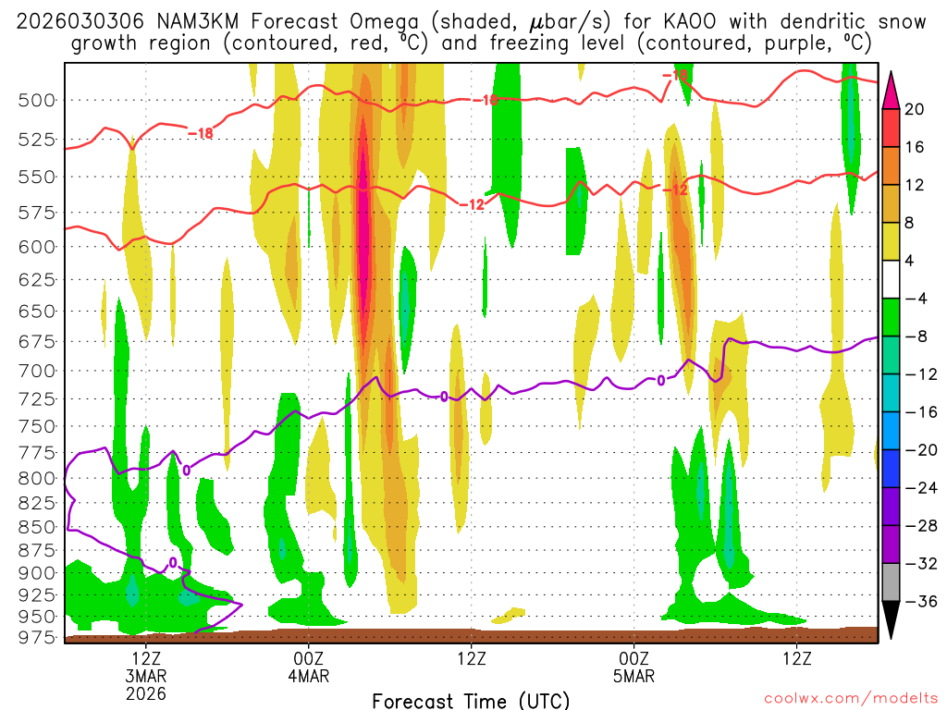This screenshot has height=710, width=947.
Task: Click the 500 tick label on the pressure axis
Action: point(36,100)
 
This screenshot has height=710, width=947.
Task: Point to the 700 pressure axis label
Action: point(36,371)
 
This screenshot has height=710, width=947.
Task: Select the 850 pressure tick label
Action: point(36,527)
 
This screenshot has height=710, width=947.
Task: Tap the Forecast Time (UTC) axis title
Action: point(471,700)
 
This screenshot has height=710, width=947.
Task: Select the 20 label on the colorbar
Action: point(915,109)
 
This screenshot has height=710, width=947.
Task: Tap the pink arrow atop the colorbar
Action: point(892,89)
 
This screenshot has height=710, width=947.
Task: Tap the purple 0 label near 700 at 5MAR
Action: point(660,380)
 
